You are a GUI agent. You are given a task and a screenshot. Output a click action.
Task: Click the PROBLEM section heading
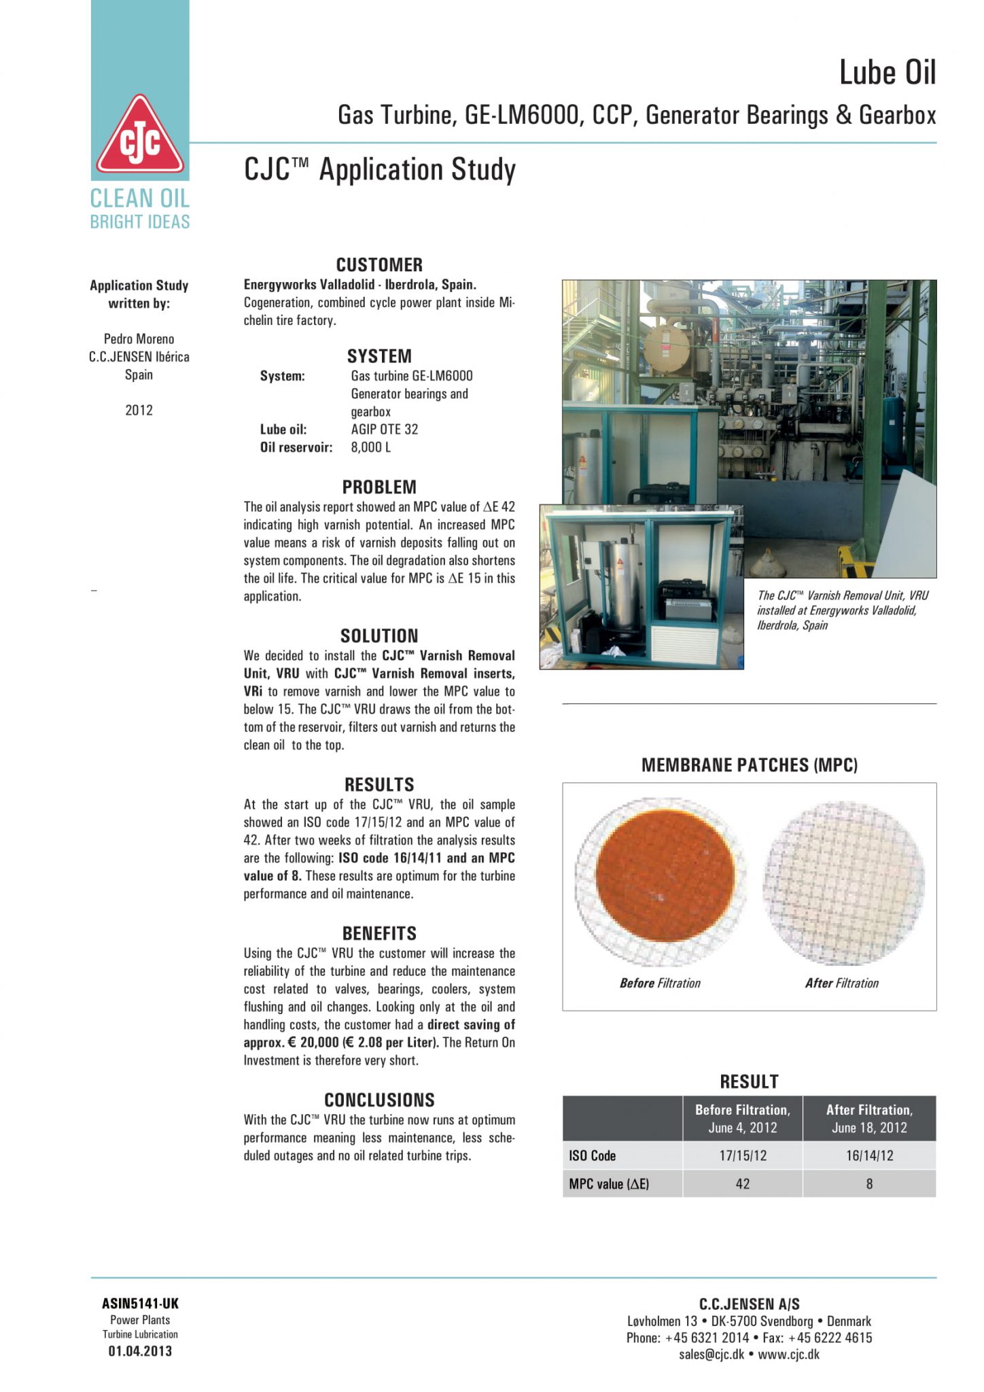(x=379, y=487)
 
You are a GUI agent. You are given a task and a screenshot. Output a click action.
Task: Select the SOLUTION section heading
(x=379, y=636)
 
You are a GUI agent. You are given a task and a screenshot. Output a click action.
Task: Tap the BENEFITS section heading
(x=379, y=933)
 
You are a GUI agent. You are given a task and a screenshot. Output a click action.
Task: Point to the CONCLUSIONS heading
(x=379, y=1100)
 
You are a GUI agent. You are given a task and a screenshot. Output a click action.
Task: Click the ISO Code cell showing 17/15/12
(x=743, y=1155)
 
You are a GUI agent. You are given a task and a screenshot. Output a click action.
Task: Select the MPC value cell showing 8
(x=869, y=1184)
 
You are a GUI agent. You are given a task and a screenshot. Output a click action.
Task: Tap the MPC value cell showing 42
(x=743, y=1184)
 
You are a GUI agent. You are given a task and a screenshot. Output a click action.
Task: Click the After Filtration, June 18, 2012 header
(x=869, y=1118)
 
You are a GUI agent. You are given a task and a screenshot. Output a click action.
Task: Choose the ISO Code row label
(x=593, y=1155)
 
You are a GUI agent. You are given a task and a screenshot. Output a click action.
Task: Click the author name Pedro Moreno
(x=139, y=338)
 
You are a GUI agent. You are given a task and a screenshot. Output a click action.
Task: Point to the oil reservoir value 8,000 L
(x=371, y=447)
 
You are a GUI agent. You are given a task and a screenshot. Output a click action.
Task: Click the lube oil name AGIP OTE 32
(x=385, y=430)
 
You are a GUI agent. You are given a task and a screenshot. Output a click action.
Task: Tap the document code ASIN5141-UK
(x=141, y=1304)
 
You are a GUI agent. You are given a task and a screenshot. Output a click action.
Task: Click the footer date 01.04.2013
(x=141, y=1351)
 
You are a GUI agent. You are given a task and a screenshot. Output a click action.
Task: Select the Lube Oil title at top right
(x=888, y=73)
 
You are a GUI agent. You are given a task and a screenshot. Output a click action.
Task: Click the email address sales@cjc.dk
(x=711, y=1354)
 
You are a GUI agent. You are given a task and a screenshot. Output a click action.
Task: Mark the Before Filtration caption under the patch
(x=660, y=983)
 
